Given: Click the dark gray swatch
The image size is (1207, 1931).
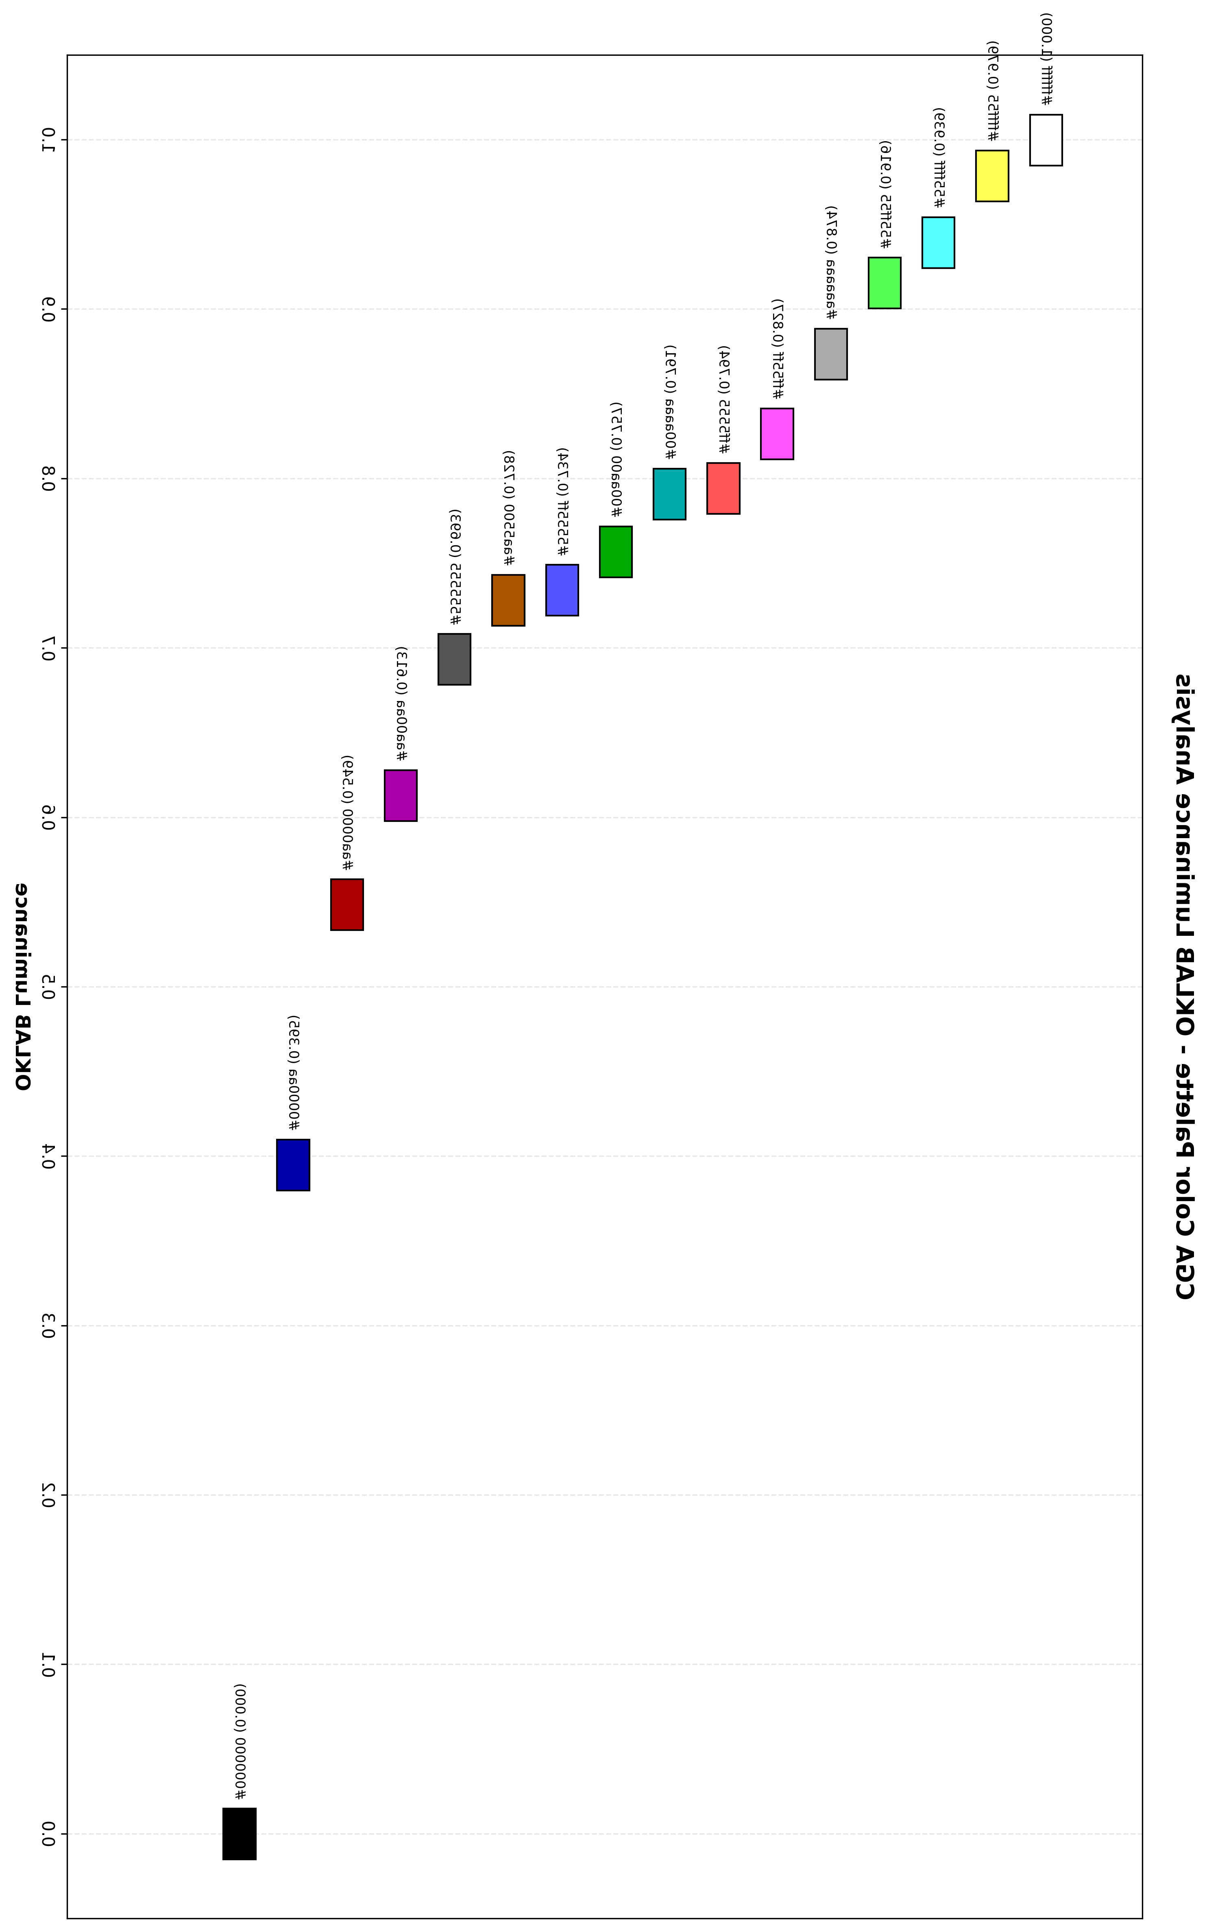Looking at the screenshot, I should pos(454,659).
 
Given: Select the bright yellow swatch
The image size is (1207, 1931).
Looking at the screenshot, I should pos(992,176).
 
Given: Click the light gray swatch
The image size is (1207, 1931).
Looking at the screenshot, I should pos(831,354).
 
